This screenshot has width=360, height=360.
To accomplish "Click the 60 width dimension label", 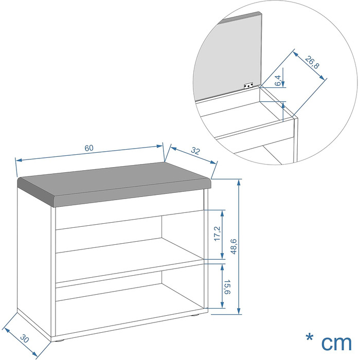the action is pos(89,148).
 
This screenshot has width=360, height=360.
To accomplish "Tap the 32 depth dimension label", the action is pos(195,151).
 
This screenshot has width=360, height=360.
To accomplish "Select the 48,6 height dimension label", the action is pos(233,246).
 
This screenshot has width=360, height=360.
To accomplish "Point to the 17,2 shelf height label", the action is pos(217,233).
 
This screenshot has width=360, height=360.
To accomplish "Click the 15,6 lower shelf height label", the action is pos(227,287).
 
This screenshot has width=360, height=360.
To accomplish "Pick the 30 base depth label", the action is pos(24,338).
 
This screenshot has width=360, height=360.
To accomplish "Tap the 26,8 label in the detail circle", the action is pos(312,62).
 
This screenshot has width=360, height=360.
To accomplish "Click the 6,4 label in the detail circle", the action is pos(278,81).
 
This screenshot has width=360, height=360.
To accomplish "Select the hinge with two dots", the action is pos(248,86).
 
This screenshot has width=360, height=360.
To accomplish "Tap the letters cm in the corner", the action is pos(336,343).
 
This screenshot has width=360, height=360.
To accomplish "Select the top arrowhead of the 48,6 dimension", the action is pos(239,182).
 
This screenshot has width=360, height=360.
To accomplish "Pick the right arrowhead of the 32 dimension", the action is pos(213,162).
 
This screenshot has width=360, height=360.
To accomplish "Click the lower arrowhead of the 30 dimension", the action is pos(34,354).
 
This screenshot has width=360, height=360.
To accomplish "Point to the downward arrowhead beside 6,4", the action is pos(283,84).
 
